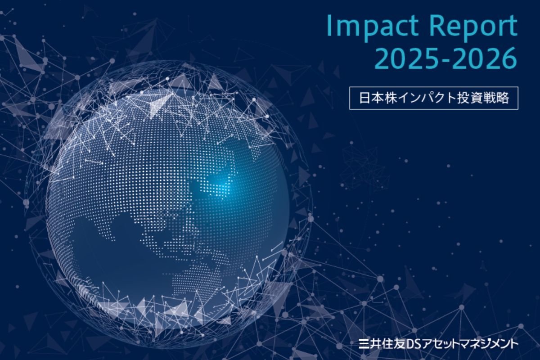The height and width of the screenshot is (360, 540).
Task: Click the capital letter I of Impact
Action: click(x=329, y=27)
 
